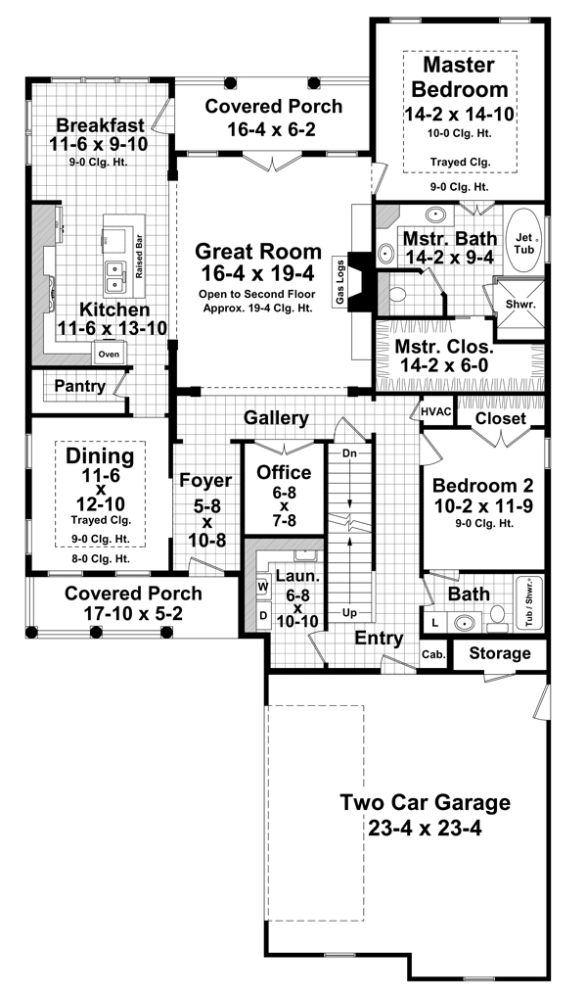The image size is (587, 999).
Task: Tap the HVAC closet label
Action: click(x=435, y=411)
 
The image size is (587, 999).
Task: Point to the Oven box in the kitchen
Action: click(x=108, y=354)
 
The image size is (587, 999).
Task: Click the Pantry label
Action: click(x=79, y=386)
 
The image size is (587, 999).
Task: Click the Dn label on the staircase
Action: click(x=347, y=454)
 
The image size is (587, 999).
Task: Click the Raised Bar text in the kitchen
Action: click(x=141, y=257)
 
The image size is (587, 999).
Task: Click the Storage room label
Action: click(x=499, y=653)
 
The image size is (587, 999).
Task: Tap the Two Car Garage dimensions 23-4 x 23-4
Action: click(x=425, y=828)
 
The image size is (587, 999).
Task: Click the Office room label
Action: click(x=284, y=473)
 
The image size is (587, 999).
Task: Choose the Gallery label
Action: click(x=276, y=418)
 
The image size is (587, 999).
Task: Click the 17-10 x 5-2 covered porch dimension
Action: click(x=133, y=615)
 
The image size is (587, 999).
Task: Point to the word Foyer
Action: click(x=204, y=481)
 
